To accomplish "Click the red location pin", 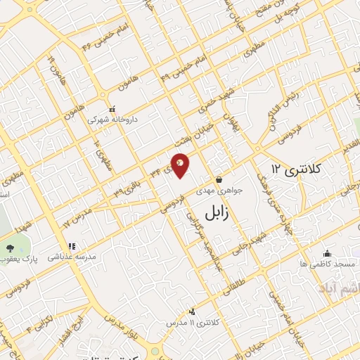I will click(x=181, y=165).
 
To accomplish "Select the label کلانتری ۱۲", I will click(x=296, y=169).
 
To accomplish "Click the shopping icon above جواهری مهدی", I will click(x=219, y=179).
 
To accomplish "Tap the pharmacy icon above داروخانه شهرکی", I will click(x=112, y=109).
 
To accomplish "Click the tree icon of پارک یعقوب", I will click(x=10, y=250).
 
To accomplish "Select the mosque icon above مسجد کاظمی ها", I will click(x=326, y=254).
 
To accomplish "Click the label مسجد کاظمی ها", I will click(x=326, y=264).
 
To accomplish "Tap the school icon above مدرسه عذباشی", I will click(x=72, y=247).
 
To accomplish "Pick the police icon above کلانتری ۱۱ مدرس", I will click(x=192, y=311).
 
